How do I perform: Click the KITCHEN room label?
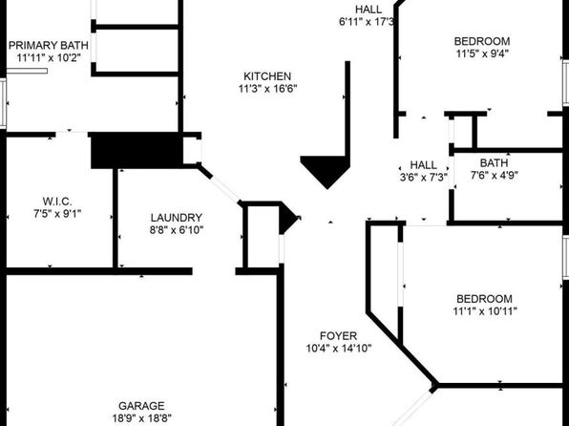(267, 76)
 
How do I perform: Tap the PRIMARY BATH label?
(49, 46)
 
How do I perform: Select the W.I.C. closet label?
(57, 202)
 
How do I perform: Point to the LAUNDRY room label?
(177, 218)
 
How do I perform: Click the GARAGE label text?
(141, 406)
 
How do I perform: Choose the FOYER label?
(339, 335)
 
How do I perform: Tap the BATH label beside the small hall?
(494, 162)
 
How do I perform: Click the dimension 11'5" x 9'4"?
(482, 53)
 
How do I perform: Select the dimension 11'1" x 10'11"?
(485, 311)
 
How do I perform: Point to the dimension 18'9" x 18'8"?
(141, 418)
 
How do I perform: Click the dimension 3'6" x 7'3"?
(424, 178)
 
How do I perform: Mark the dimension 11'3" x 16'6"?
(268, 89)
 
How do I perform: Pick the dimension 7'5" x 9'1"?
(57, 214)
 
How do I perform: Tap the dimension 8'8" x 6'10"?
(177, 230)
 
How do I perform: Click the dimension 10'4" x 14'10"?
(339, 349)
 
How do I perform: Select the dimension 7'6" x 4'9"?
(494, 175)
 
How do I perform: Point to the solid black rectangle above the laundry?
(137, 150)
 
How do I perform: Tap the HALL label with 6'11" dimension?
(369, 10)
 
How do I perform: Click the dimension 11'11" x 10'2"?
(49, 57)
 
